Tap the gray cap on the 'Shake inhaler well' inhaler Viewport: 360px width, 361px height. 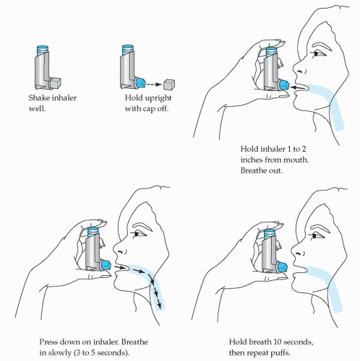[55, 83]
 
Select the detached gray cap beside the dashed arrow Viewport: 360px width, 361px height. [169, 84]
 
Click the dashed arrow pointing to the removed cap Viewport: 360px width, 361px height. [154, 84]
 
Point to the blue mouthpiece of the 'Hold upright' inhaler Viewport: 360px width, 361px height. [141, 82]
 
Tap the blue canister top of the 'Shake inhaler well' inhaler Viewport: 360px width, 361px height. [43, 51]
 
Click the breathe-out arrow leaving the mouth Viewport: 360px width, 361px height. [299, 87]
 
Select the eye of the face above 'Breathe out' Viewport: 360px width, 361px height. [316, 53]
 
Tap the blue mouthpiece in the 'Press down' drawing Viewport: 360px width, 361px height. [106, 265]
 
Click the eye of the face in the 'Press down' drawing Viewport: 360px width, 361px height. [137, 233]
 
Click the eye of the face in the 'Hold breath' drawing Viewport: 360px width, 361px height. [314, 236]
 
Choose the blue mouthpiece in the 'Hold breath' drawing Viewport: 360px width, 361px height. [283, 268]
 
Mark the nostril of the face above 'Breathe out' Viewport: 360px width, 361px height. [301, 71]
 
